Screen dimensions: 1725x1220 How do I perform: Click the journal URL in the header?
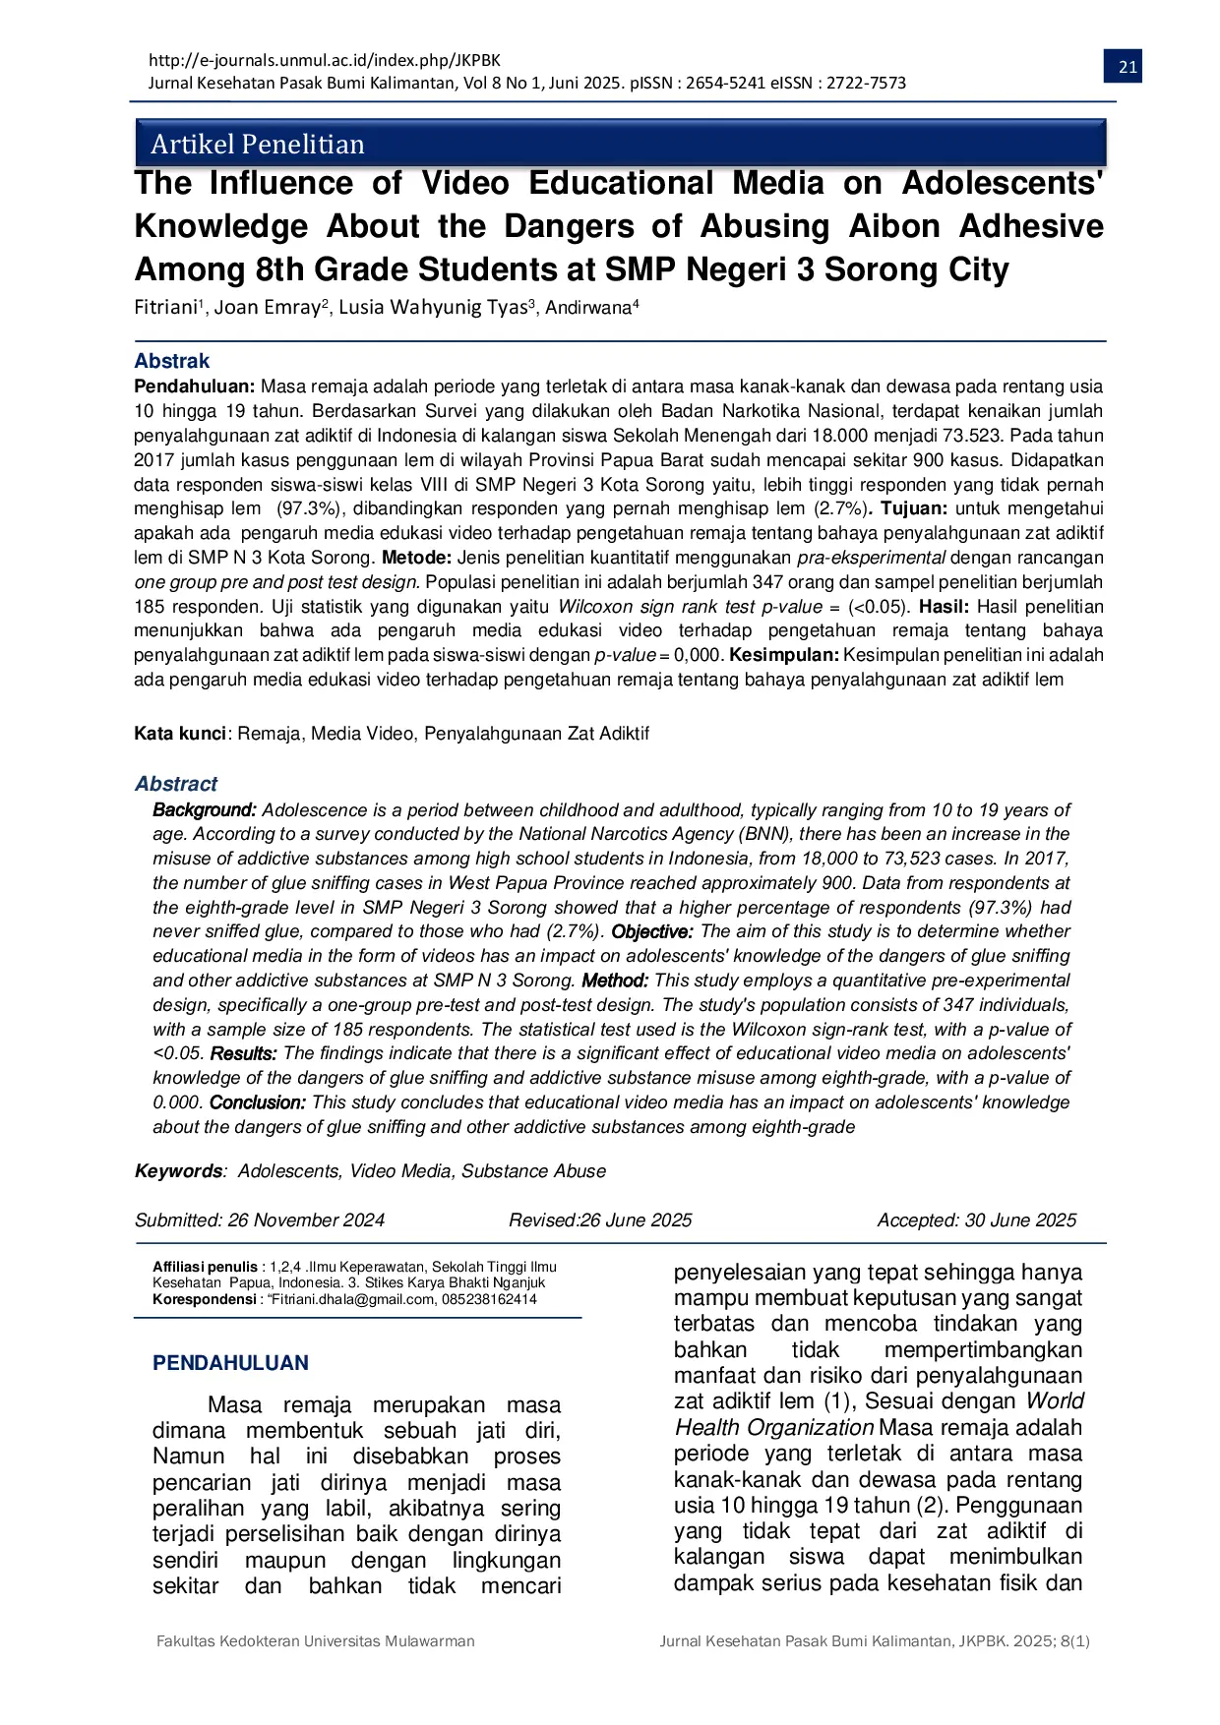(x=325, y=60)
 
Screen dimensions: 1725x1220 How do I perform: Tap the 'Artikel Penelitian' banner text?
(x=258, y=145)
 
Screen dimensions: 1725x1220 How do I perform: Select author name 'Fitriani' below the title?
(x=166, y=307)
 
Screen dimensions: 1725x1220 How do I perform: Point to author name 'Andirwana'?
(x=587, y=308)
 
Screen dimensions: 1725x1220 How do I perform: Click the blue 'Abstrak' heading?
(x=172, y=361)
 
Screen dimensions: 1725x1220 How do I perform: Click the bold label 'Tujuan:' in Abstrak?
(x=914, y=508)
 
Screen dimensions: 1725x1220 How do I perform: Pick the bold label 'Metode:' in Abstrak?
(x=416, y=558)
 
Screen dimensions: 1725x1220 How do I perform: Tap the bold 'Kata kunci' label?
(x=180, y=734)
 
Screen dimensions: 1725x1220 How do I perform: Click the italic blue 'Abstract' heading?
(x=176, y=784)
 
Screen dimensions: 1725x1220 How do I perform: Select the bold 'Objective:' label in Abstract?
(x=652, y=931)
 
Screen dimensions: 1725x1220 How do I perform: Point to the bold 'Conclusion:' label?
(x=258, y=1102)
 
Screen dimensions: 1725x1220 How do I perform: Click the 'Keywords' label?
(x=178, y=1171)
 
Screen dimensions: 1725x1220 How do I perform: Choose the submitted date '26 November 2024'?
(x=306, y=1220)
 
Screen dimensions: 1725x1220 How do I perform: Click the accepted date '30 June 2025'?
(x=1020, y=1220)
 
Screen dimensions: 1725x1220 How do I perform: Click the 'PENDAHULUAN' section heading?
(x=230, y=1363)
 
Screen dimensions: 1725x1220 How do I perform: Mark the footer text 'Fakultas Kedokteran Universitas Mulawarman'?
(x=316, y=1641)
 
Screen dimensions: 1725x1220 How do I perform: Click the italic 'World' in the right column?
(x=1054, y=1401)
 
